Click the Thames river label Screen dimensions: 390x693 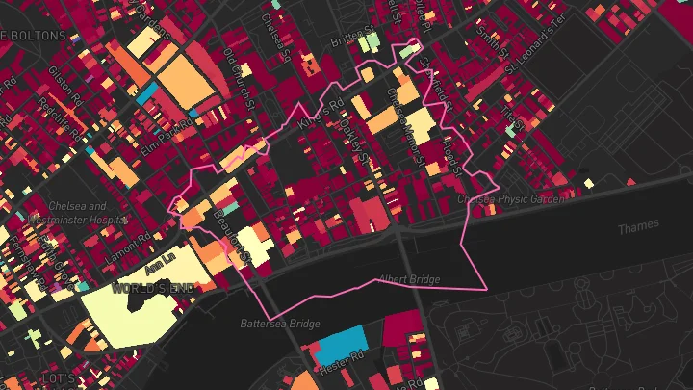(x=639, y=225)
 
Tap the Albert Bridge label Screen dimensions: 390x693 (x=408, y=279)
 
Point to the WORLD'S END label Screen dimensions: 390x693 (x=145, y=288)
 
